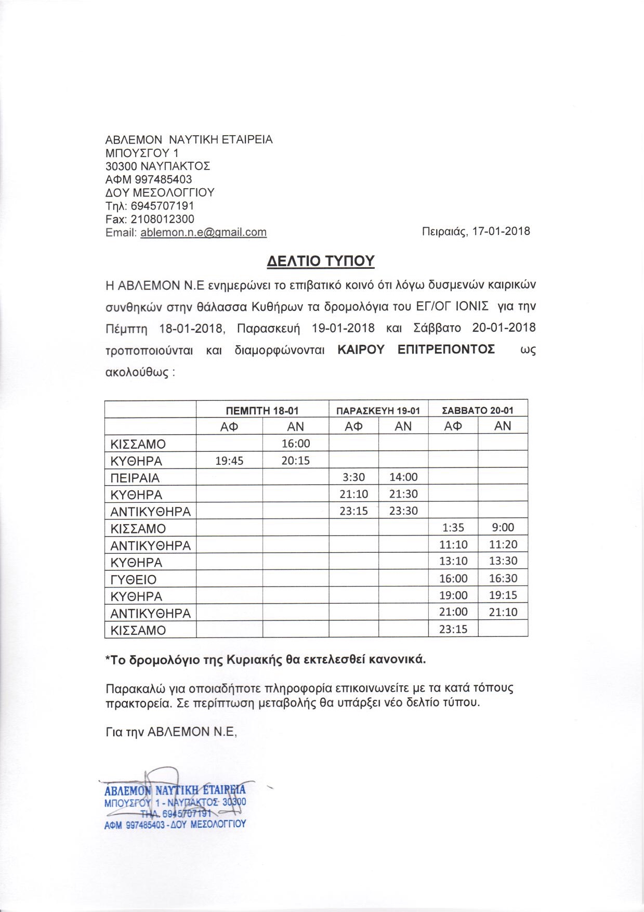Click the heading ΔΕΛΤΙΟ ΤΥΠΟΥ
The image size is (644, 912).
click(320, 260)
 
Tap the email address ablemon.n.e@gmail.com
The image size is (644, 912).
click(203, 232)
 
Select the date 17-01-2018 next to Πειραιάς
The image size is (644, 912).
click(501, 231)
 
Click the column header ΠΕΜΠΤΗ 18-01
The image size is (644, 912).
click(262, 410)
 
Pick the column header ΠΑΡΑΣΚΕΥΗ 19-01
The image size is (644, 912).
click(378, 410)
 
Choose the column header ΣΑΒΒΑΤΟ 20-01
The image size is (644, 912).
click(477, 410)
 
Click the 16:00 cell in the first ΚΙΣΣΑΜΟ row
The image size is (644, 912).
click(295, 444)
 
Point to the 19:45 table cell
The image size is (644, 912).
click(229, 461)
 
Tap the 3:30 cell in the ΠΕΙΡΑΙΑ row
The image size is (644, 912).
click(353, 477)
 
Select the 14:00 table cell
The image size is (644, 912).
click(403, 477)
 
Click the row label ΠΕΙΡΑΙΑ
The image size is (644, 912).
click(135, 478)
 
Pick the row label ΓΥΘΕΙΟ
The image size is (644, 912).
click(133, 579)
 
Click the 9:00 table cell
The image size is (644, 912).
click(502, 528)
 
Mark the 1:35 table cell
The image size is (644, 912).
click(453, 528)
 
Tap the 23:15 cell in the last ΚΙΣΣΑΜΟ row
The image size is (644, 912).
click(453, 629)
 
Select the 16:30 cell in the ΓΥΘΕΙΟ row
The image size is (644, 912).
click(503, 578)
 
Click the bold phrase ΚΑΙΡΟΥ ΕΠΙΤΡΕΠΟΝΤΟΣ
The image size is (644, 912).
click(416, 349)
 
